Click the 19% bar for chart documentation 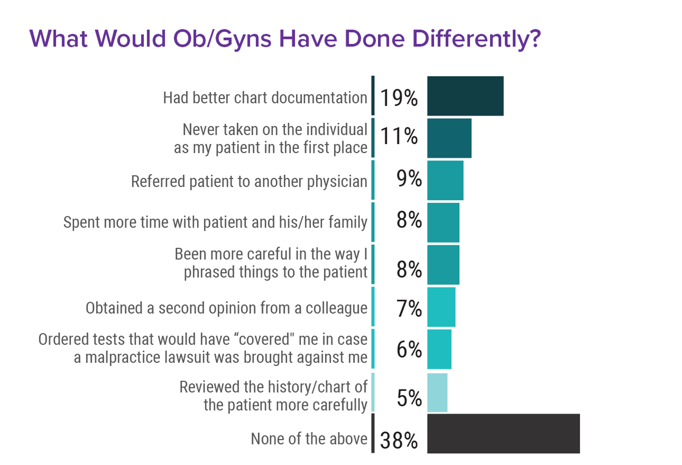point(465,96)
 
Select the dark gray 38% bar point(503,433)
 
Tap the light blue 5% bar point(437,392)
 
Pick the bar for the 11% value point(449,138)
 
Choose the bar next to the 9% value point(445,180)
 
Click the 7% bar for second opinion point(441,307)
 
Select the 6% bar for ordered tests point(439,349)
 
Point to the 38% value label point(399,440)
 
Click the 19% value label point(399,98)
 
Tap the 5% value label point(409,398)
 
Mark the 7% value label point(409,308)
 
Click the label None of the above point(309,439)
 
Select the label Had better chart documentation point(265,98)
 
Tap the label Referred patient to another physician point(249,181)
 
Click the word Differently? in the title point(476,39)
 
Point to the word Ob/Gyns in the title point(222,39)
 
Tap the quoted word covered point(264,339)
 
